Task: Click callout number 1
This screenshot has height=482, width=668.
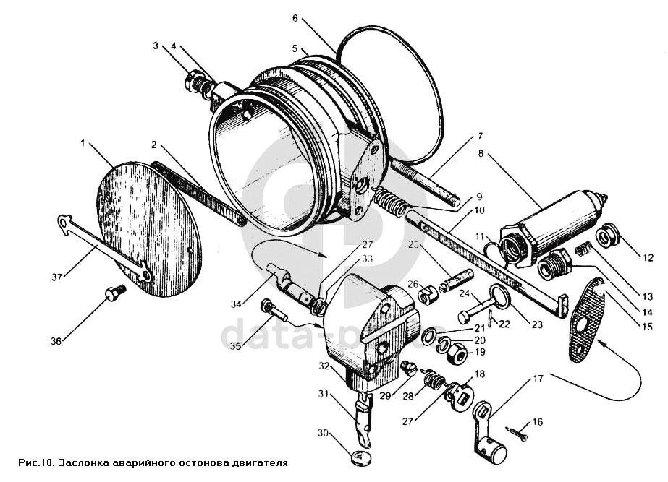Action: (x=83, y=144)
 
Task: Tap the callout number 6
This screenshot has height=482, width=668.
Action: (x=295, y=18)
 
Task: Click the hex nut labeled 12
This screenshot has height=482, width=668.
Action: (x=606, y=236)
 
